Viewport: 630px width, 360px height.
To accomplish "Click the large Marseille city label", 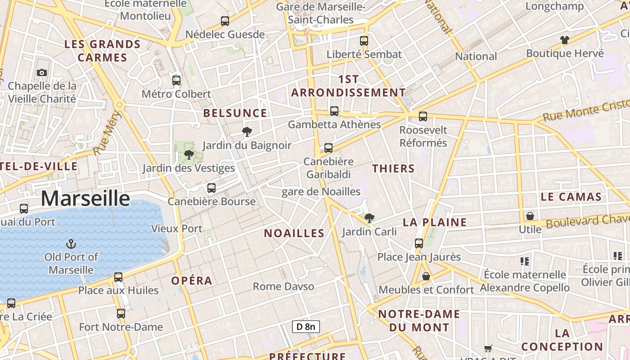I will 85,198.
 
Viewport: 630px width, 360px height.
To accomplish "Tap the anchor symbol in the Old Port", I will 71,244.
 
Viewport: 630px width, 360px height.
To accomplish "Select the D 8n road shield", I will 306,326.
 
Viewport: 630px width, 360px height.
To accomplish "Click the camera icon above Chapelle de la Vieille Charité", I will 42,72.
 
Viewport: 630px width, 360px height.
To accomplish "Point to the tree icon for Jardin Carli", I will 369,218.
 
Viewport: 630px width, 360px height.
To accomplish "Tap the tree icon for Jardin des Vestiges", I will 189,155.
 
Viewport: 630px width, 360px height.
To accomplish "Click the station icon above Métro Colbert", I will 176,81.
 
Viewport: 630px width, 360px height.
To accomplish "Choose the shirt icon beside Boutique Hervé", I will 565,40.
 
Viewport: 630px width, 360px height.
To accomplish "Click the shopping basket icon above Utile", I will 530,216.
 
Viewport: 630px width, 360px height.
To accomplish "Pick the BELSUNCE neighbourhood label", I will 235,113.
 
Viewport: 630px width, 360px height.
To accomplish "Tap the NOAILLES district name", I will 294,233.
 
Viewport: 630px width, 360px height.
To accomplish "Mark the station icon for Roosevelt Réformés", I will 423,117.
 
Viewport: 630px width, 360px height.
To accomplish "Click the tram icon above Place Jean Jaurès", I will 419,243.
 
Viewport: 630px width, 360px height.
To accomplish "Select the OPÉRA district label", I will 192,281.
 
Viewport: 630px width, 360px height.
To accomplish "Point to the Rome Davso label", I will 283,286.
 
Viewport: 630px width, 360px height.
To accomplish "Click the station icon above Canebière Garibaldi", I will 328,148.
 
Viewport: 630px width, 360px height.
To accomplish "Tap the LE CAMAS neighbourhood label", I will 571,197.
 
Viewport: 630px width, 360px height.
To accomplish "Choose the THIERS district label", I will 393,169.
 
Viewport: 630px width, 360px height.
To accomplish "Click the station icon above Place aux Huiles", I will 118,277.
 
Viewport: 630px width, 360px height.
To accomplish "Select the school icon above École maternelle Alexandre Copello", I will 524,261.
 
